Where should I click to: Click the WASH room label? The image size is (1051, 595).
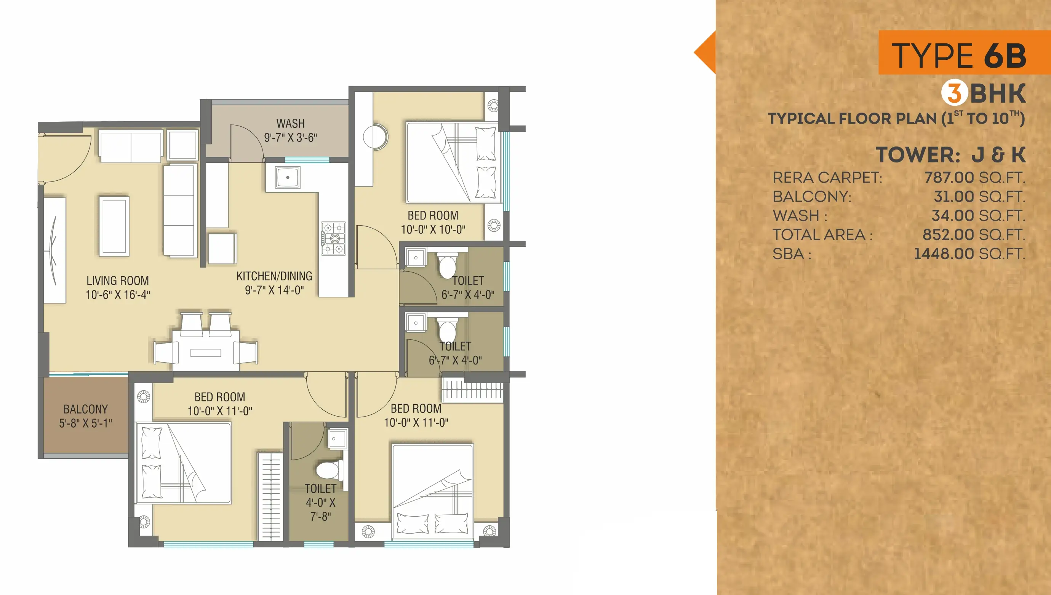click(291, 123)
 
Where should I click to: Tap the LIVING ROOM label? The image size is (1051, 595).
click(117, 281)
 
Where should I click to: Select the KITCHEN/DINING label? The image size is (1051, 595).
click(274, 276)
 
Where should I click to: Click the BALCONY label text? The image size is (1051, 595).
click(85, 409)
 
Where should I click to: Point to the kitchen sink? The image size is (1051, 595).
click(288, 177)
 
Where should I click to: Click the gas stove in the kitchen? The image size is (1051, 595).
click(333, 238)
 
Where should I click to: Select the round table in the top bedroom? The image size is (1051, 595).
click(375, 137)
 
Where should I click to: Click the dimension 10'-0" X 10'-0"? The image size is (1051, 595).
click(433, 230)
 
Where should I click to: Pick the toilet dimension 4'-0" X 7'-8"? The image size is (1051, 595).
click(320, 509)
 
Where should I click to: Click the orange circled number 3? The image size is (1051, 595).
click(955, 92)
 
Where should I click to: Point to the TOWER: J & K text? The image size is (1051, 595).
click(950, 154)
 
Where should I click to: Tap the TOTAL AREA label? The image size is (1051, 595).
click(822, 235)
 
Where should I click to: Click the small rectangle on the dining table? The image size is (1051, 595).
click(205, 353)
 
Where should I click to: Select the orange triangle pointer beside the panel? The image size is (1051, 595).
click(704, 52)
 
